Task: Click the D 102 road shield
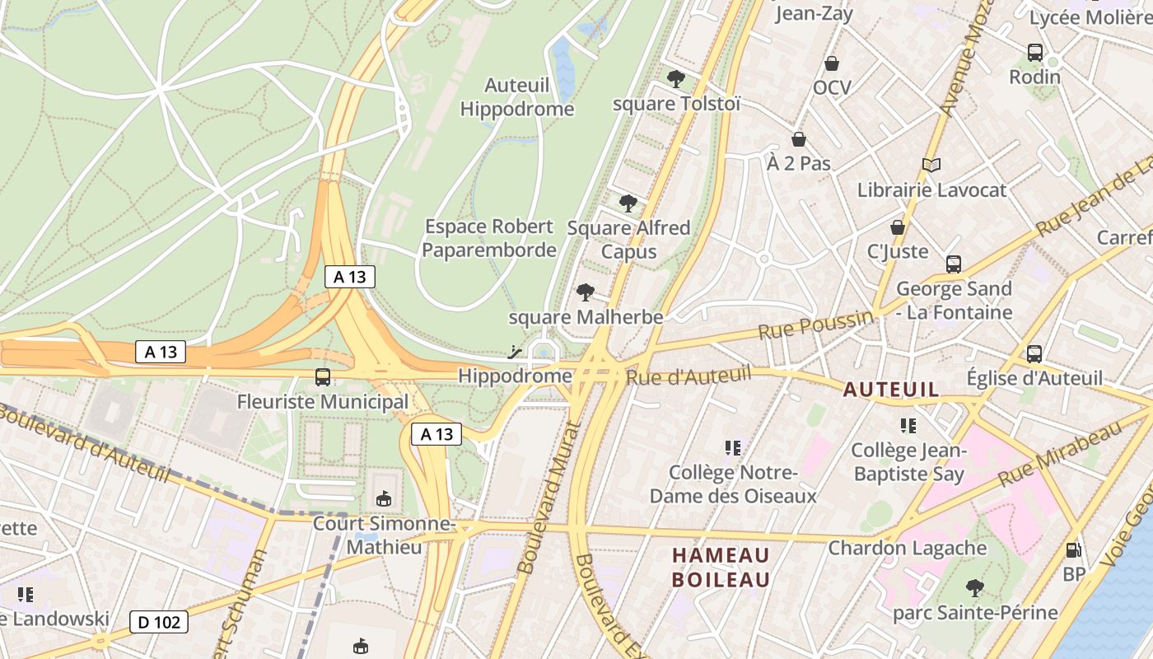point(159,622)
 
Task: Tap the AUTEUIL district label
point(891,390)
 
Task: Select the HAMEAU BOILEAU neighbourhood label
point(721,568)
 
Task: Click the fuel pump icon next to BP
point(1073,550)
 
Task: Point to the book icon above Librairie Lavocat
point(931,166)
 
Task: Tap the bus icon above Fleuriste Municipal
point(323,377)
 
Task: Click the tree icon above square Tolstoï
point(676,79)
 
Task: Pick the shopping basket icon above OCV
point(832,63)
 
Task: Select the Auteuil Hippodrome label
point(517,97)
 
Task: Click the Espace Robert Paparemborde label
point(489,238)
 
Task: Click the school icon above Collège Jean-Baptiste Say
point(908,426)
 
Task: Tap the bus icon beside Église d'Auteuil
point(1034,354)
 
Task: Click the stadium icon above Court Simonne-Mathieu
point(384,498)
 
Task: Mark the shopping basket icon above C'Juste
point(898,227)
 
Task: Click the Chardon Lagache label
point(907,548)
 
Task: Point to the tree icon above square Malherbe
point(586,292)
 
